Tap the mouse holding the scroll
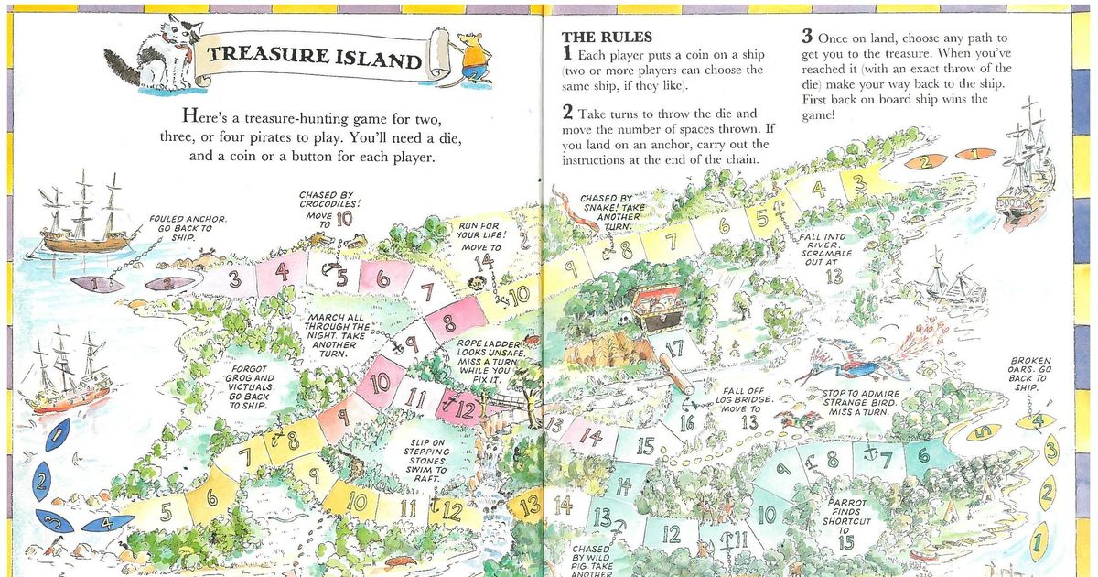point(475,57)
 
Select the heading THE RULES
point(607,38)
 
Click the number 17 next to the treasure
point(675,349)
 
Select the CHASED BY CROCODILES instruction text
point(327,207)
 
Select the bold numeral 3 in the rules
point(806,38)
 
